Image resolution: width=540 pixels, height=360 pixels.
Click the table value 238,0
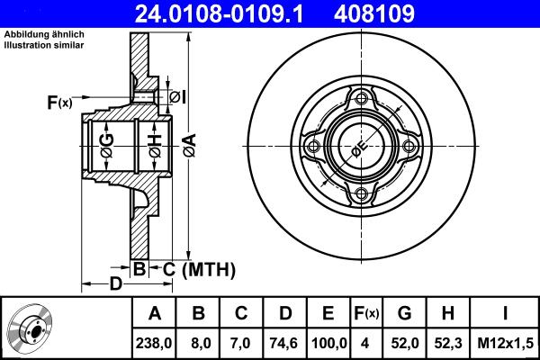[154, 342]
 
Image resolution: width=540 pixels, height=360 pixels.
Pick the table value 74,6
[284, 342]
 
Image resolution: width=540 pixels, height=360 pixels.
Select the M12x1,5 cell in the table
[506, 342]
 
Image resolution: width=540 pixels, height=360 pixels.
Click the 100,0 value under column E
[328, 342]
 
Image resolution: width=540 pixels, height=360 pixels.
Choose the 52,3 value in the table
[448, 342]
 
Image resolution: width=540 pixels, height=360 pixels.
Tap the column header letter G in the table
[404, 313]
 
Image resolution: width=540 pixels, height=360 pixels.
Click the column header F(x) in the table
[366, 313]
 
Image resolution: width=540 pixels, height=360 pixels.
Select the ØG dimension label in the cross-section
[107, 144]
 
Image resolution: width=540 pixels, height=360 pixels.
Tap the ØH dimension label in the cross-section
[154, 144]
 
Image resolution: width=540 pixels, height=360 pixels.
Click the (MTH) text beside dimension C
[208, 268]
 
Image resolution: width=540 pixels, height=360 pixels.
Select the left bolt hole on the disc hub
[313, 148]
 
